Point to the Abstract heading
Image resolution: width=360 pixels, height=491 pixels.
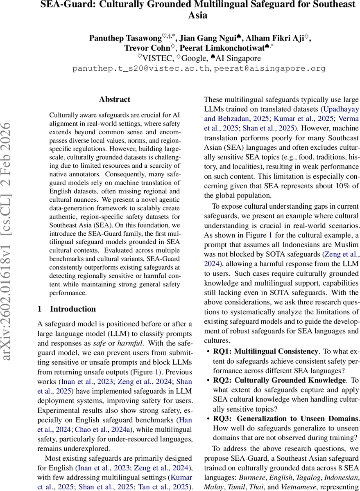115,99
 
